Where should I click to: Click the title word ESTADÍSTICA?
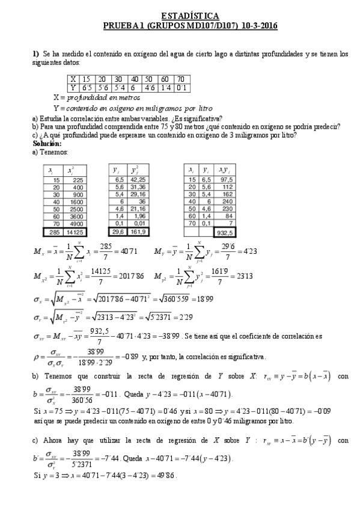190,15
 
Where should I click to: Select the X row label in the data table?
73,79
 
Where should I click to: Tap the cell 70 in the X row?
180,79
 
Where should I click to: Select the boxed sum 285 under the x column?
55,233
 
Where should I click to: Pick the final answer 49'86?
165,475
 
